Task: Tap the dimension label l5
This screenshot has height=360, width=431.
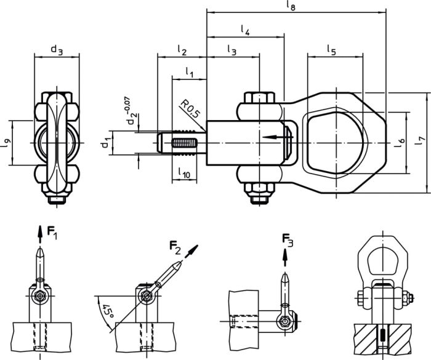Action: pos(331,50)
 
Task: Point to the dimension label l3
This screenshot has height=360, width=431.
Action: pos(232,50)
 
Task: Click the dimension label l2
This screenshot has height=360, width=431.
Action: pos(182,50)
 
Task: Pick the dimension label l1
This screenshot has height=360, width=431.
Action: pos(190,73)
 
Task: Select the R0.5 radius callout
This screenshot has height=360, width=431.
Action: pos(189,111)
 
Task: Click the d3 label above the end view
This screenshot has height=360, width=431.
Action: pos(57,50)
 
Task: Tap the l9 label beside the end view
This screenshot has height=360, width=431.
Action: pos(7,142)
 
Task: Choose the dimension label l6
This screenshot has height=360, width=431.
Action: pos(400,142)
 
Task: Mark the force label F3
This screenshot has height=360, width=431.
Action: pos(288,239)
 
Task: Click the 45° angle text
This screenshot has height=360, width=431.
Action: pos(108,310)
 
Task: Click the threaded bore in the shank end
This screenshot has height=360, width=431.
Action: pos(184,146)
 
